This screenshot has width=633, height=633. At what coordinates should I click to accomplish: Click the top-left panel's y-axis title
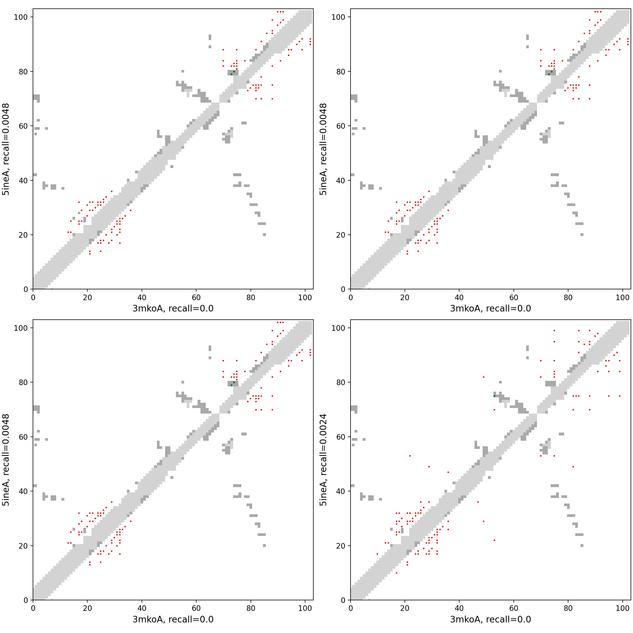6,149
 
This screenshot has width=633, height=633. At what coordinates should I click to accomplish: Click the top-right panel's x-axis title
491,308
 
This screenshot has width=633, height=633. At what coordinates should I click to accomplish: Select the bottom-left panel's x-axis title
173,619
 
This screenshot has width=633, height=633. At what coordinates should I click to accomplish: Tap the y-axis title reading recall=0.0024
323,460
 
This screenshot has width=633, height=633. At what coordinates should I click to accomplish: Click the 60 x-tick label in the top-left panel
196,298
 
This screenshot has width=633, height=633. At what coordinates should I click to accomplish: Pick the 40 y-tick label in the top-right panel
341,180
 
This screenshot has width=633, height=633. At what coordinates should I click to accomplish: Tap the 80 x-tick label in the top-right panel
568,298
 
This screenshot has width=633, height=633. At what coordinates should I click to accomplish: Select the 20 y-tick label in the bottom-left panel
23,546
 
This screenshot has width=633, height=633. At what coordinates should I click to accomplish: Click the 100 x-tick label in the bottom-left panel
305,608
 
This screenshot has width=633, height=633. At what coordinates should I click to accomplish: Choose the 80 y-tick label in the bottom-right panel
341,382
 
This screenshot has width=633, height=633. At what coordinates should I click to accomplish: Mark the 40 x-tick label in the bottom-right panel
459,608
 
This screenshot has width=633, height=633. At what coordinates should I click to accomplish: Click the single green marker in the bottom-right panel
495,396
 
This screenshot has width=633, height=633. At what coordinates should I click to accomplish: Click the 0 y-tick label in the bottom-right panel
343,600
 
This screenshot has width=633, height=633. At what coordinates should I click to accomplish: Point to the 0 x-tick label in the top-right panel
351,298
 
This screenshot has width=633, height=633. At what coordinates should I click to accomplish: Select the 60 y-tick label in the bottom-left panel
23,437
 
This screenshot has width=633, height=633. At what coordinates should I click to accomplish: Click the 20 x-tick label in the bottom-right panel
405,608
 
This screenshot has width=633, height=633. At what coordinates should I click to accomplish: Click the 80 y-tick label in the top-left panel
23,71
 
